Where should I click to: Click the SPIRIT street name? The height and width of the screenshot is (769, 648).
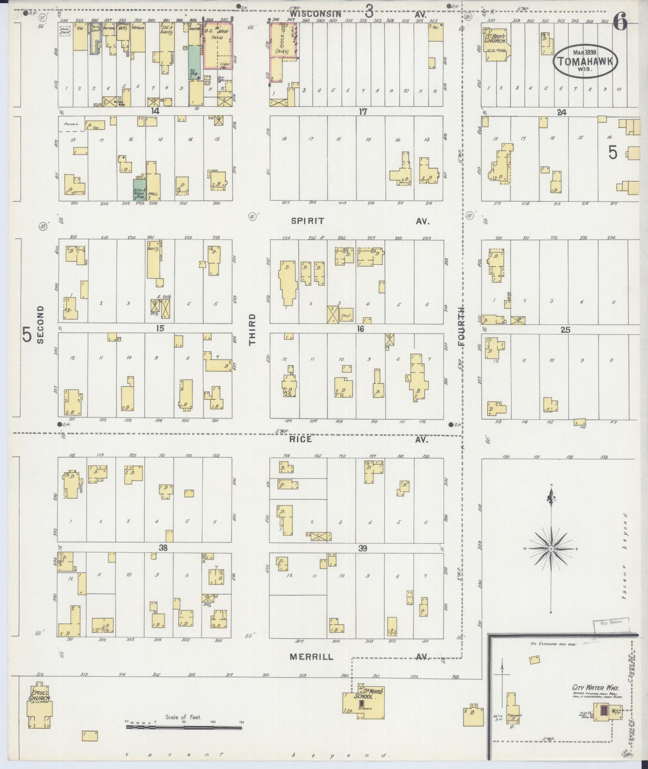(307, 221)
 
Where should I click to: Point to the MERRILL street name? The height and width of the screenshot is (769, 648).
(311, 656)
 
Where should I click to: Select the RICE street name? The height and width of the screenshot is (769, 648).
(300, 440)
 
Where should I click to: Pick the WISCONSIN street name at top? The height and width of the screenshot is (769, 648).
(318, 14)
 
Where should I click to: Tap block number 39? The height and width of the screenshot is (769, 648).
(362, 548)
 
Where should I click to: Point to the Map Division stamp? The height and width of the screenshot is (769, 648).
(610, 623)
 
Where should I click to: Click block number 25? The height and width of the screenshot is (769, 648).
(565, 330)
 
